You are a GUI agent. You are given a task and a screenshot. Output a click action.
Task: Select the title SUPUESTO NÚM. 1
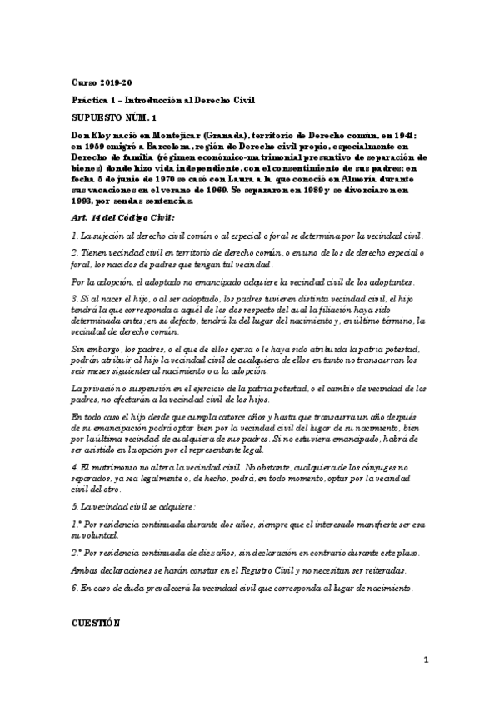click(114, 117)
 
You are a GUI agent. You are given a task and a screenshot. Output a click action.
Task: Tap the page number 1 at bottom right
click(426, 662)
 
